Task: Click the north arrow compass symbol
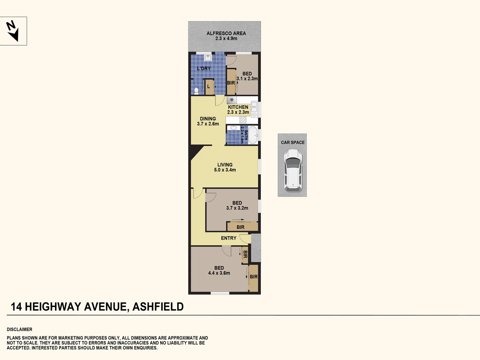12,31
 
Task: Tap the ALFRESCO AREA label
226,33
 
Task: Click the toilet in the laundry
196,91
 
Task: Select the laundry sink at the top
208,58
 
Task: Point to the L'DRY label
204,68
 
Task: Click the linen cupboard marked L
209,87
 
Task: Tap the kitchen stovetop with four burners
243,120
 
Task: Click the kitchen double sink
254,109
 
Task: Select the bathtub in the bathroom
253,135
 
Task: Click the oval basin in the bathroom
233,128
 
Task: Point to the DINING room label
208,119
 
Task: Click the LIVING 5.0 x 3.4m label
225,167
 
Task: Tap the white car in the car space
293,170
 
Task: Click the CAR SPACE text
293,143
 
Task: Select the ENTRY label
229,238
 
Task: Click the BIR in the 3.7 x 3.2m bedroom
240,227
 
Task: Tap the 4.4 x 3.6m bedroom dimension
219,273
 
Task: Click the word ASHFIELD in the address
158,307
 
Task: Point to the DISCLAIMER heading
19,329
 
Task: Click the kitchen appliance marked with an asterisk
232,100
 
